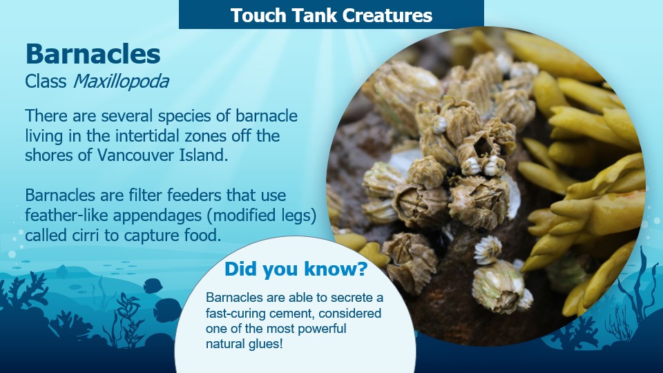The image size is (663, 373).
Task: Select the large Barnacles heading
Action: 93,54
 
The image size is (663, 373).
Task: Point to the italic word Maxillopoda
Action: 121,82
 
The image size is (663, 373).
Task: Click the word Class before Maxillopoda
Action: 46,82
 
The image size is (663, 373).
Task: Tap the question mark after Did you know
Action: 362,269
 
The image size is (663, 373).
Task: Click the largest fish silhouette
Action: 168,310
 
